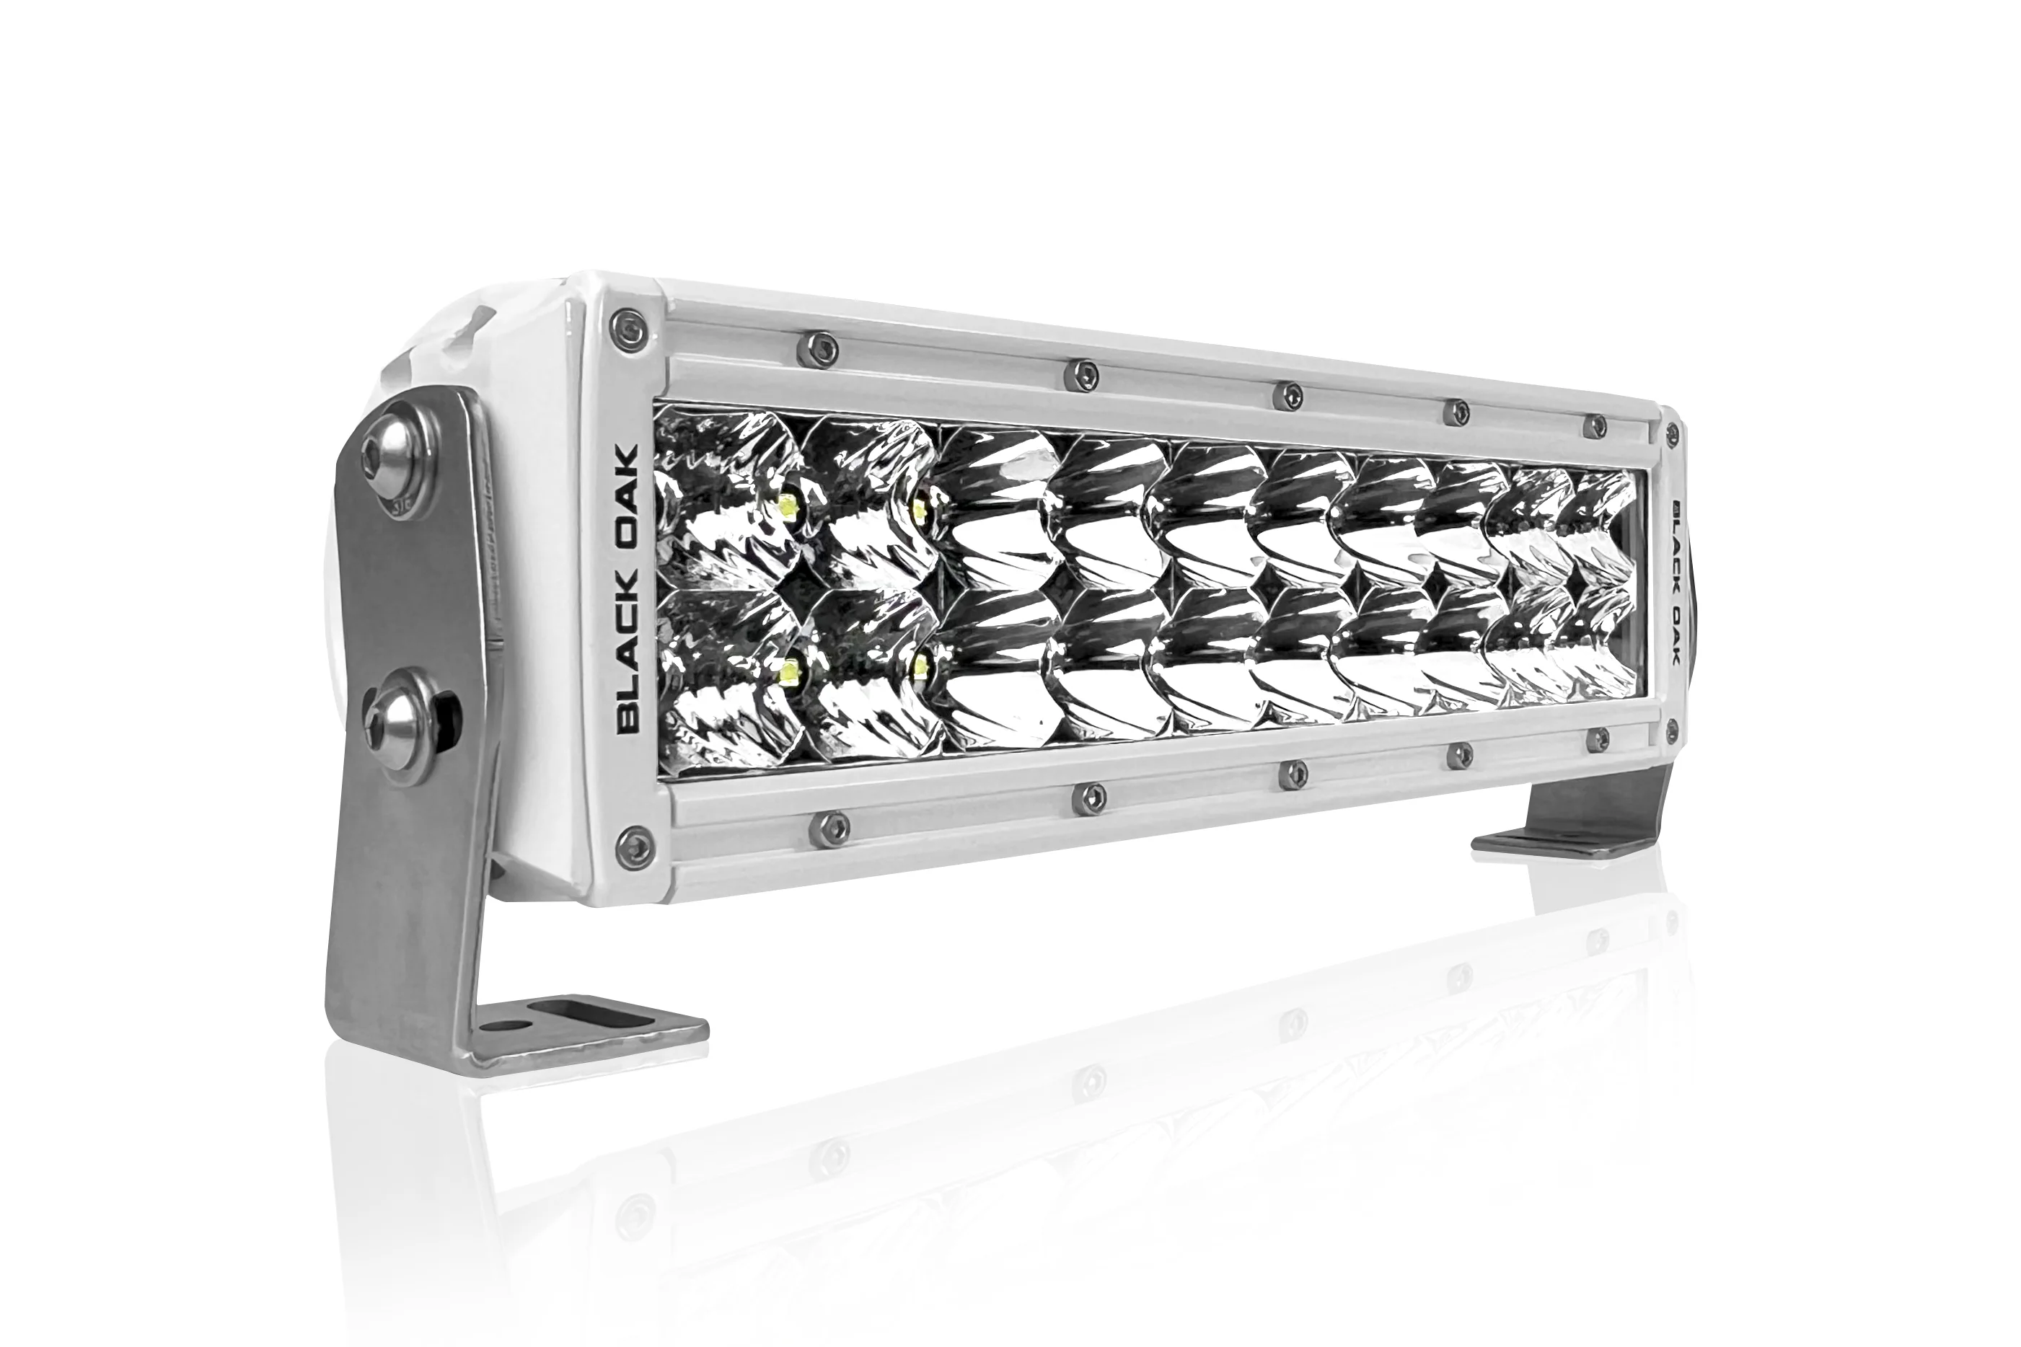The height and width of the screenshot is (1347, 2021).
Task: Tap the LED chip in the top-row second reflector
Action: pyautogui.click(x=920, y=512)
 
